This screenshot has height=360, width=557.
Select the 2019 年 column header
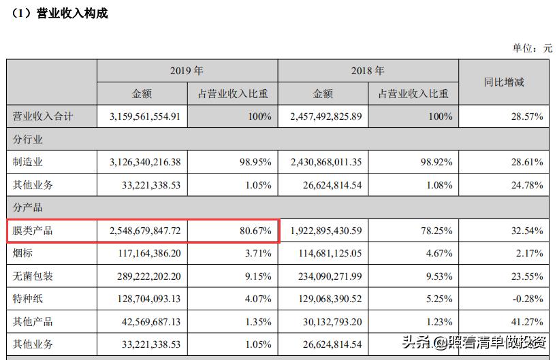(x=187, y=71)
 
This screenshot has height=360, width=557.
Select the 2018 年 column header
(x=368, y=71)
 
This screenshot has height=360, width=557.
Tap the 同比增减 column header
(x=504, y=82)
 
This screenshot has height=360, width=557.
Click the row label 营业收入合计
(x=43, y=116)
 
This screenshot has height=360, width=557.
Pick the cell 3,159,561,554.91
(x=144, y=116)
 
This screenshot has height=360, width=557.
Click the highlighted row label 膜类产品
(x=33, y=231)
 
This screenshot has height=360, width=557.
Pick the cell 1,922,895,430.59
(x=325, y=231)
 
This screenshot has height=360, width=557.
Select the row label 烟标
(x=24, y=254)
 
